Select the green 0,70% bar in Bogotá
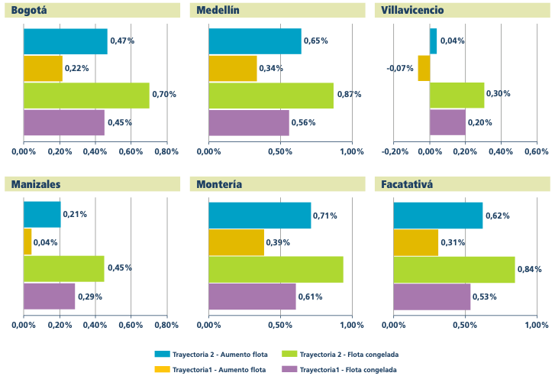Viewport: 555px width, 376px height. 86,96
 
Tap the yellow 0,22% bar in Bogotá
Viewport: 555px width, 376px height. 43,69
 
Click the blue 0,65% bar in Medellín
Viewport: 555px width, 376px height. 255,41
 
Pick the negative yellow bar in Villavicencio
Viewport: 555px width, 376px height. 424,69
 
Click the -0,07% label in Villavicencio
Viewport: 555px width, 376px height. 400,69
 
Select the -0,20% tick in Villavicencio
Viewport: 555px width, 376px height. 394,151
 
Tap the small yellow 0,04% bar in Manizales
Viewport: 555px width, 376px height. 27,241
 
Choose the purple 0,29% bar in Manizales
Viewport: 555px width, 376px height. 49,296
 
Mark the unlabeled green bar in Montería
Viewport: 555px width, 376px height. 276,269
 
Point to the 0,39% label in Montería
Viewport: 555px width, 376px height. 279,242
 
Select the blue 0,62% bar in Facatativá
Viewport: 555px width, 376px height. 437,215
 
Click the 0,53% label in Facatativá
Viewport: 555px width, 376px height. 485,297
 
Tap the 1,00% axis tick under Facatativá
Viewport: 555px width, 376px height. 535,325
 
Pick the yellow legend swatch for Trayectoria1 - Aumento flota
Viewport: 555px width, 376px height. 161,370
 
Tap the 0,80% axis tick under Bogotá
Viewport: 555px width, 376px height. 166,151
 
